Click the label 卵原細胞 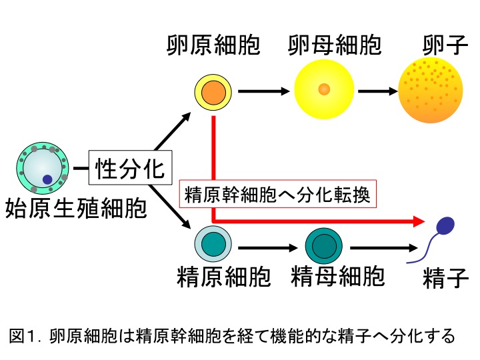(213, 45)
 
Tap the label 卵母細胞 (335, 45)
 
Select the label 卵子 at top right (443, 45)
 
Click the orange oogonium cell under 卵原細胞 (213, 91)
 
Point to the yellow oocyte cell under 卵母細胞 (323, 89)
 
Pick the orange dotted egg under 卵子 (430, 89)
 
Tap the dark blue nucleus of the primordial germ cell (47, 179)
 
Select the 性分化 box (130, 167)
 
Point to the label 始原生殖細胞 (75, 209)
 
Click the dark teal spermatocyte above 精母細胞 (324, 245)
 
